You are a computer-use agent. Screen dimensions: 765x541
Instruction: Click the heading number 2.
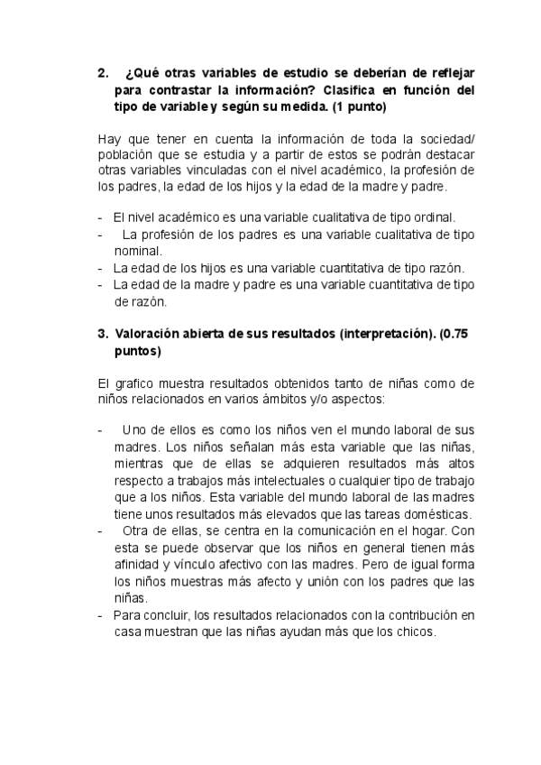coord(102,73)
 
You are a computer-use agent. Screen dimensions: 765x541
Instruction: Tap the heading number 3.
coord(102,334)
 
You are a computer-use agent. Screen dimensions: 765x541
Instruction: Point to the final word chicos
coord(413,632)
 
